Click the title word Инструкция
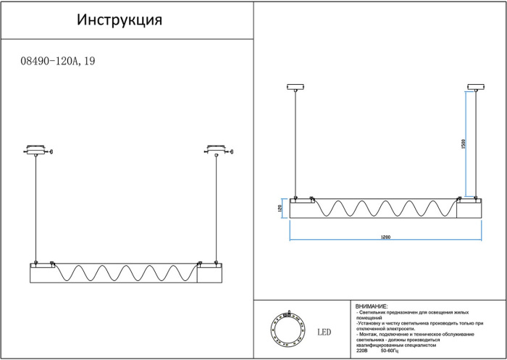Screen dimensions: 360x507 tap(120, 20)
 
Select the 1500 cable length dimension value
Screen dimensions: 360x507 tap(462, 145)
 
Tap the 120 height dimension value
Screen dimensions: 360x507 tap(280, 209)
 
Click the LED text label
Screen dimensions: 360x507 tap(324, 332)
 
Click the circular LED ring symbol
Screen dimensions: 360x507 tap(288, 330)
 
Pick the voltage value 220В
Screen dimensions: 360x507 tap(362, 351)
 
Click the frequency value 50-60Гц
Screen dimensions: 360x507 tap(390, 351)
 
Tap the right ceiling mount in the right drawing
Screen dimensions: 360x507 tap(476, 88)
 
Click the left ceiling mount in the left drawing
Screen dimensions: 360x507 tap(35, 151)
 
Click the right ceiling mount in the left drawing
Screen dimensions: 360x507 tap(215, 151)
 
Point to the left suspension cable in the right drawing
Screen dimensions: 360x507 tap(296, 145)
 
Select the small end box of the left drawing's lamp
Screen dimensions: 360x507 tap(209, 275)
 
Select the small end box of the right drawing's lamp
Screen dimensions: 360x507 tap(469, 209)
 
